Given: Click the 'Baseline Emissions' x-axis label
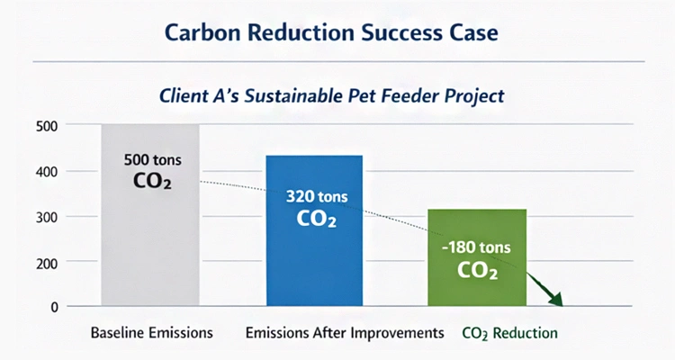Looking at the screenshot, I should click(x=152, y=333).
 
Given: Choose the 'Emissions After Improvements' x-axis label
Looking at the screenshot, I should click(x=345, y=333).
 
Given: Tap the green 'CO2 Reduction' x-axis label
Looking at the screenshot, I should click(x=509, y=333).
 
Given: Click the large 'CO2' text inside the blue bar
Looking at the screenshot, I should click(x=314, y=218).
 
